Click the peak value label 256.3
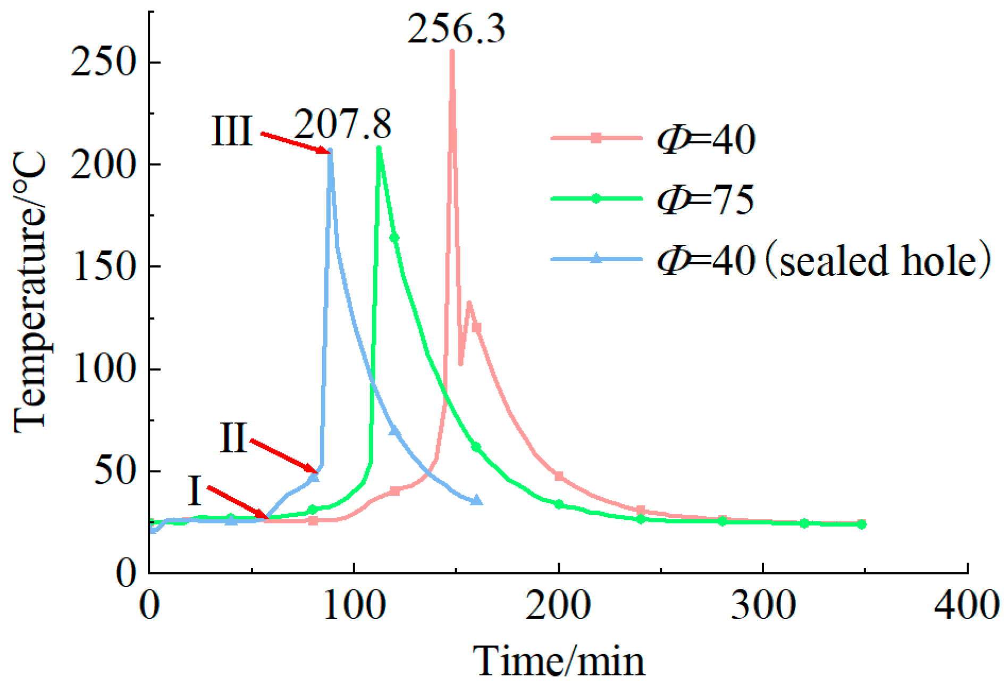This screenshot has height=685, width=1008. click(456, 29)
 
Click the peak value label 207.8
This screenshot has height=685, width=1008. click(343, 124)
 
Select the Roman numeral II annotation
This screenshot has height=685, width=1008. click(234, 438)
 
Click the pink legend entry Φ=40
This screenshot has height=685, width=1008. click(706, 139)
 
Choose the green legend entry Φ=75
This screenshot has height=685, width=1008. click(706, 200)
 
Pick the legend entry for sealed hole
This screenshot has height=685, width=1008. click(823, 260)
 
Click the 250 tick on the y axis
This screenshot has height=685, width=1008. click(101, 63)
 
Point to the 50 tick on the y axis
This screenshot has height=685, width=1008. click(113, 471)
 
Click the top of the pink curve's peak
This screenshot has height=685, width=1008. click(452, 51)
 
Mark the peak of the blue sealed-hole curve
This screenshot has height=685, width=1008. click(330, 151)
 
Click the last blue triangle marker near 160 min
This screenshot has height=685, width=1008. click(477, 500)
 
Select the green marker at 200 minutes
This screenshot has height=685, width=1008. click(559, 504)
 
